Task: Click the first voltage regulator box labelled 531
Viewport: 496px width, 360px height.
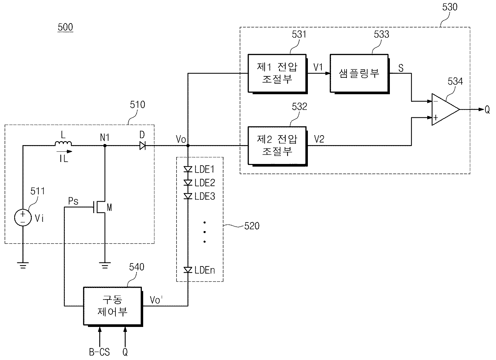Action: point(277,73)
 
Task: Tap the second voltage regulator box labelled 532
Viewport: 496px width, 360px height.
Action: point(277,145)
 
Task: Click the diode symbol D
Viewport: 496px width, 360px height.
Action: point(143,145)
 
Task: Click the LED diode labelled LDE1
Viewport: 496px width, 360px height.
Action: point(188,170)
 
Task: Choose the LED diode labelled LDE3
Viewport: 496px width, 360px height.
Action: point(188,196)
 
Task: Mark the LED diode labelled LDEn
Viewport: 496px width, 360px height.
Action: point(188,270)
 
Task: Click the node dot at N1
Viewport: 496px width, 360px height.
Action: point(104,145)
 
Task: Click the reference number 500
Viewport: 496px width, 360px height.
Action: point(65,27)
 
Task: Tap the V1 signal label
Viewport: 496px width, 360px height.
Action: point(318,67)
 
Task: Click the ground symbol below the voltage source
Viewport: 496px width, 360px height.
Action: point(23,265)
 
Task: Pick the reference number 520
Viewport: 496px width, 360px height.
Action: point(252,226)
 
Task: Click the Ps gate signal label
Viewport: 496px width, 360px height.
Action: point(73,201)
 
